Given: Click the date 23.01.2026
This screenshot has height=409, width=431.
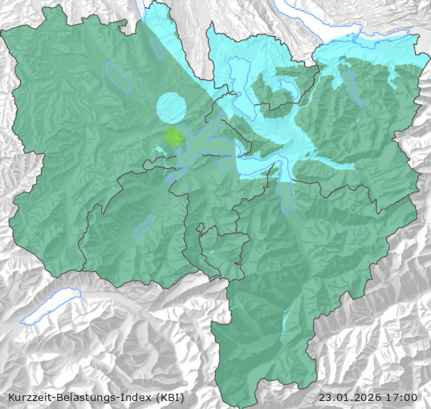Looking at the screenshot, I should (x=350, y=397).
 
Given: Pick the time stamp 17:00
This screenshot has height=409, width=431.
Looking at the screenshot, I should (x=402, y=397).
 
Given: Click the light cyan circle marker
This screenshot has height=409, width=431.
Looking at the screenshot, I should (x=170, y=107).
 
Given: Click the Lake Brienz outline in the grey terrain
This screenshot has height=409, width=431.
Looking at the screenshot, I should (x=50, y=308).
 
